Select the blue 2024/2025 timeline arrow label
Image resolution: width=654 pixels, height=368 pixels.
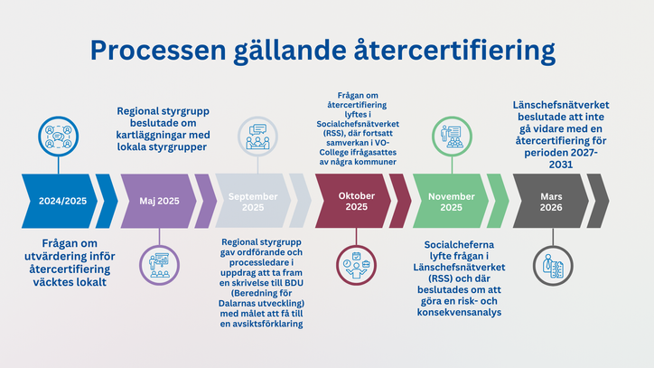[63, 201]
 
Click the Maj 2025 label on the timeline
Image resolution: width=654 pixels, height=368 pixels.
[161, 201]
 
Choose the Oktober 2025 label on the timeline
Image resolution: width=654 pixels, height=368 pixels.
[356, 201]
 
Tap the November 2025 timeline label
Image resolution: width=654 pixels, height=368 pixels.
[452, 201]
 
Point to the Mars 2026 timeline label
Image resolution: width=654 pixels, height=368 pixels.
[551, 201]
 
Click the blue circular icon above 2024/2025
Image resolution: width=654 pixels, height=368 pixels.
[58, 138]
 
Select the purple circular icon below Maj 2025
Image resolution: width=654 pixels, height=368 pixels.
[159, 263]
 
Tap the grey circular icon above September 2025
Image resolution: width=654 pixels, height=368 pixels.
[258, 136]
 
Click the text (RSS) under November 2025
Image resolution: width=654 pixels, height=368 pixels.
[441, 279]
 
